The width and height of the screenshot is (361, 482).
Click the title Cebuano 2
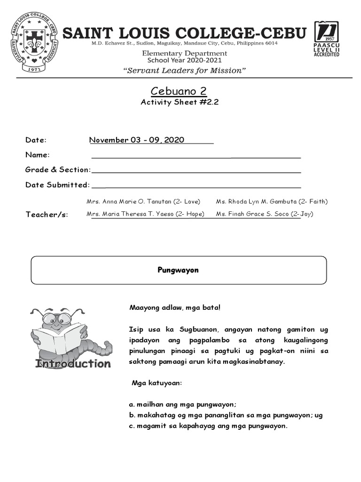[179, 91]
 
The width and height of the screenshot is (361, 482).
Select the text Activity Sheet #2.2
[180, 103]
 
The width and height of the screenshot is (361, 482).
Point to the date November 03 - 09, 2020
[137, 140]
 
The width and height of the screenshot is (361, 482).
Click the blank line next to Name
[196, 156]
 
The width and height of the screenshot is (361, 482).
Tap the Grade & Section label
[57, 169]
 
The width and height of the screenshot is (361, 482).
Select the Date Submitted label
[57, 185]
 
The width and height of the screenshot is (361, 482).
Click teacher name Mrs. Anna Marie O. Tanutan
[143, 201]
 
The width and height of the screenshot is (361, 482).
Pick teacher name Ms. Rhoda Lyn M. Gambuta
[272, 201]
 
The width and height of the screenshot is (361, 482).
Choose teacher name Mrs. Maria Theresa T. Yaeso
[145, 214]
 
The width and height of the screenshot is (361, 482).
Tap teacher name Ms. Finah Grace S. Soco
[265, 214]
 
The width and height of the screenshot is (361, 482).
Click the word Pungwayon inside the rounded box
[178, 270]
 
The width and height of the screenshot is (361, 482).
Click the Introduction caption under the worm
[73, 363]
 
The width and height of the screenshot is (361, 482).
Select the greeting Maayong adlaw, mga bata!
[174, 307]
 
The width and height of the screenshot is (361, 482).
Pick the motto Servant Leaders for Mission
[185, 71]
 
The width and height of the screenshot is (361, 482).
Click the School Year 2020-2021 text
[187, 60]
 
